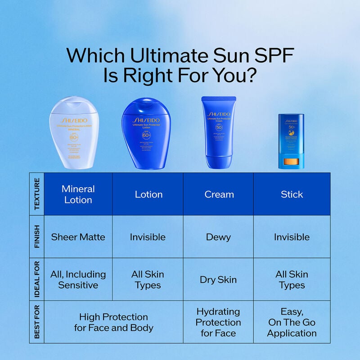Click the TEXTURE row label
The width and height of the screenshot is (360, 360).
point(37,194)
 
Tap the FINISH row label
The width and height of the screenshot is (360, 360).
point(37,237)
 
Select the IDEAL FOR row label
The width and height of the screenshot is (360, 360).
point(37,279)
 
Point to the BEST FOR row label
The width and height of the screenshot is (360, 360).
point(37,322)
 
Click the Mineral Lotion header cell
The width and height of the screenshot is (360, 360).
point(78,194)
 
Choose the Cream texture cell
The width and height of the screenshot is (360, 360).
point(219,194)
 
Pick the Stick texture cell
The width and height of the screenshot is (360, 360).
point(292,194)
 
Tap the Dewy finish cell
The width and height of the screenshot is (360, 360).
point(218,237)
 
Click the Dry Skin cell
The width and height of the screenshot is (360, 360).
point(218,279)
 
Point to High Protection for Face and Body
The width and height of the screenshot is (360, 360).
point(114,322)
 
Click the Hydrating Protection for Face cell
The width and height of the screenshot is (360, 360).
point(218,322)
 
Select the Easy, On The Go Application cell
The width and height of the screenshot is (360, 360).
point(292,322)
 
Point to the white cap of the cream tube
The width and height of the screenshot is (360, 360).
point(219,162)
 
